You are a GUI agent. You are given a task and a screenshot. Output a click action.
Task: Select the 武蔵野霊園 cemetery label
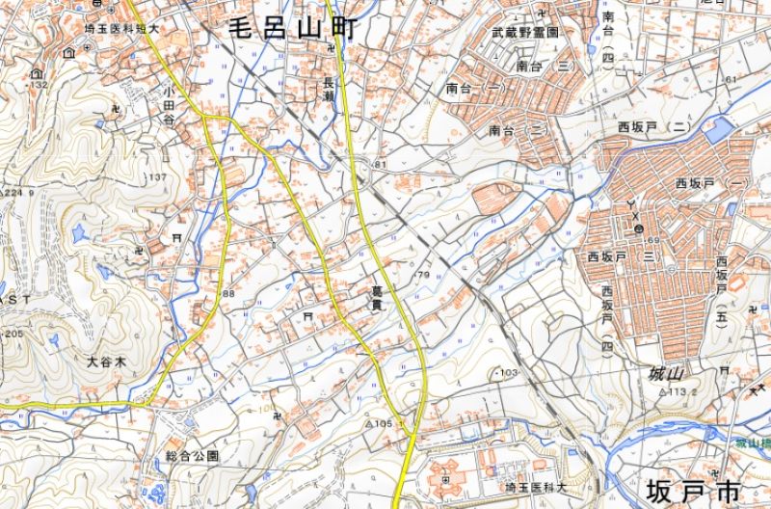coord(526,33)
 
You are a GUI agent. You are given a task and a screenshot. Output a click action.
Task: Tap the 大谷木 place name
coord(106,362)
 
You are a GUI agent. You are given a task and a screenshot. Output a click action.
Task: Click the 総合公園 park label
coord(193,455)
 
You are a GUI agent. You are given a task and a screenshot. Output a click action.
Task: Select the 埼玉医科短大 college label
coord(120,29)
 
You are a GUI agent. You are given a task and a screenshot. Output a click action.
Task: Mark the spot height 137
coord(157,178)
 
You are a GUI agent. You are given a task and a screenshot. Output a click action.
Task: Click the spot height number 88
coord(228,293)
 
